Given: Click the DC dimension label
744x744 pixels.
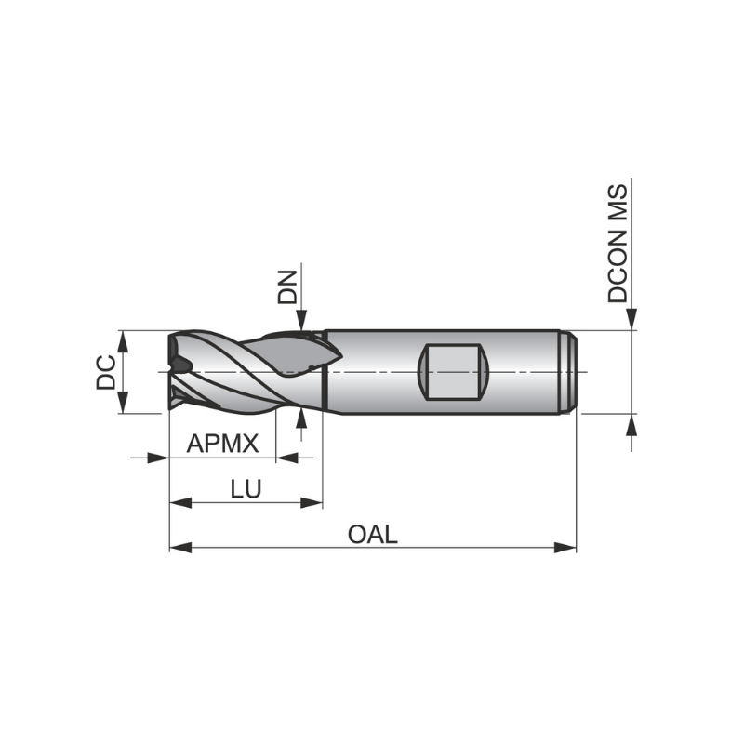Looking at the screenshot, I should pos(108,372).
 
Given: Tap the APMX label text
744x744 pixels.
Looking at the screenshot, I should pos(222,444).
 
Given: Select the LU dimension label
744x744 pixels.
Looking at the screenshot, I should pos(246,489).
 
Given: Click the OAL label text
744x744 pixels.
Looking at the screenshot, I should pos(372,534).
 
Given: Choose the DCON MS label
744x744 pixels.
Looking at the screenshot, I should pos(618,244).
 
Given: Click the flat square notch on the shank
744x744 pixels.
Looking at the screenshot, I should pos(454,372).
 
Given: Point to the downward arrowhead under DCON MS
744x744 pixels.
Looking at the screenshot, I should pos(631,319).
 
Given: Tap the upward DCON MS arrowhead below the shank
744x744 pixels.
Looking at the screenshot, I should pos(631,424).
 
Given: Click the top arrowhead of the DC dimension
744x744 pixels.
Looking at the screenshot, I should pos(123,340).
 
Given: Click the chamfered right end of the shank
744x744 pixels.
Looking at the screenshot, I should pos(571,372).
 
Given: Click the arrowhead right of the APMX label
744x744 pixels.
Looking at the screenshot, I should pos(286,458).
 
